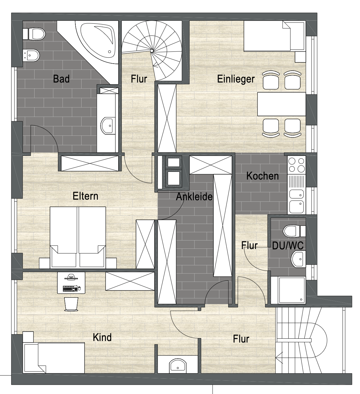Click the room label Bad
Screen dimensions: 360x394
click(x=61, y=79)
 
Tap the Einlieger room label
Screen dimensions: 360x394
click(x=236, y=79)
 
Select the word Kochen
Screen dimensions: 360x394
click(x=262, y=176)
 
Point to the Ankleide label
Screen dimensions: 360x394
click(x=194, y=197)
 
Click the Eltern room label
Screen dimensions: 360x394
click(x=85, y=196)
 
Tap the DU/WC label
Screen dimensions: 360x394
click(x=288, y=246)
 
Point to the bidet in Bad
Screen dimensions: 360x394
click(x=31, y=55)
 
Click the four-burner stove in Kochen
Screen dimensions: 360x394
click(x=296, y=165)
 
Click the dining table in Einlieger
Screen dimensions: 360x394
click(x=281, y=104)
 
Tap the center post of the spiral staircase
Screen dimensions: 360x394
click(x=152, y=51)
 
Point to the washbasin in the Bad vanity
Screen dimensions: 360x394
click(x=108, y=126)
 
